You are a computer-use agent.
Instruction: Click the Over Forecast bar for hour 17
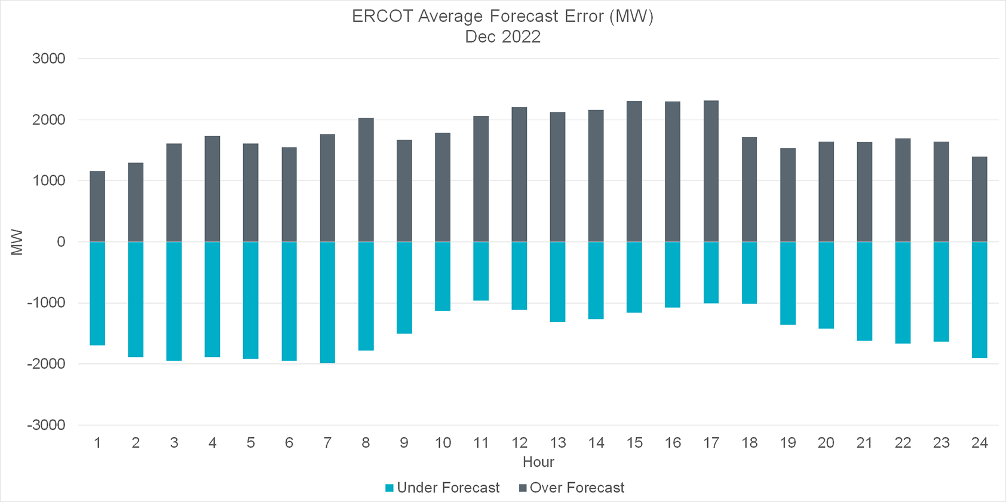click(711, 172)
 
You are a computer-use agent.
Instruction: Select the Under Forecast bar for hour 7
click(327, 302)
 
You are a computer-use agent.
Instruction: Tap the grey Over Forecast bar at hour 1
click(97, 207)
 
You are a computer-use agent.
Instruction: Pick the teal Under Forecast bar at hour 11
click(481, 271)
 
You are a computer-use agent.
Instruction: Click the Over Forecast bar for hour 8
click(366, 180)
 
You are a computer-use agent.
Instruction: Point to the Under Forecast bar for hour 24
click(979, 300)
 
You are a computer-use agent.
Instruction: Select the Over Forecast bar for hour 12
click(519, 175)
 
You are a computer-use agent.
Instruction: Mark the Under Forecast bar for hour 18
click(749, 273)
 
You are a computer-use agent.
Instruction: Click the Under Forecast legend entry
click(443, 488)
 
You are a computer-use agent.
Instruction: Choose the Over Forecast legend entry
click(572, 488)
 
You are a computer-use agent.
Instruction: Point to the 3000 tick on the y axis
click(49, 59)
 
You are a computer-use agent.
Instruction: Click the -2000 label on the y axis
click(46, 363)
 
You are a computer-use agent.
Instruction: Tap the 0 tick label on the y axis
click(61, 241)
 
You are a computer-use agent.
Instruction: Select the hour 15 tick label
click(634, 443)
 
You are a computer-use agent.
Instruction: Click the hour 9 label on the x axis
click(404, 443)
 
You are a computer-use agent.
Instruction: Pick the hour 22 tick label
click(903, 443)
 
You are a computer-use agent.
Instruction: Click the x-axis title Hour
click(538, 462)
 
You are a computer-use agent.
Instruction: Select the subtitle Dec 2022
click(503, 36)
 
